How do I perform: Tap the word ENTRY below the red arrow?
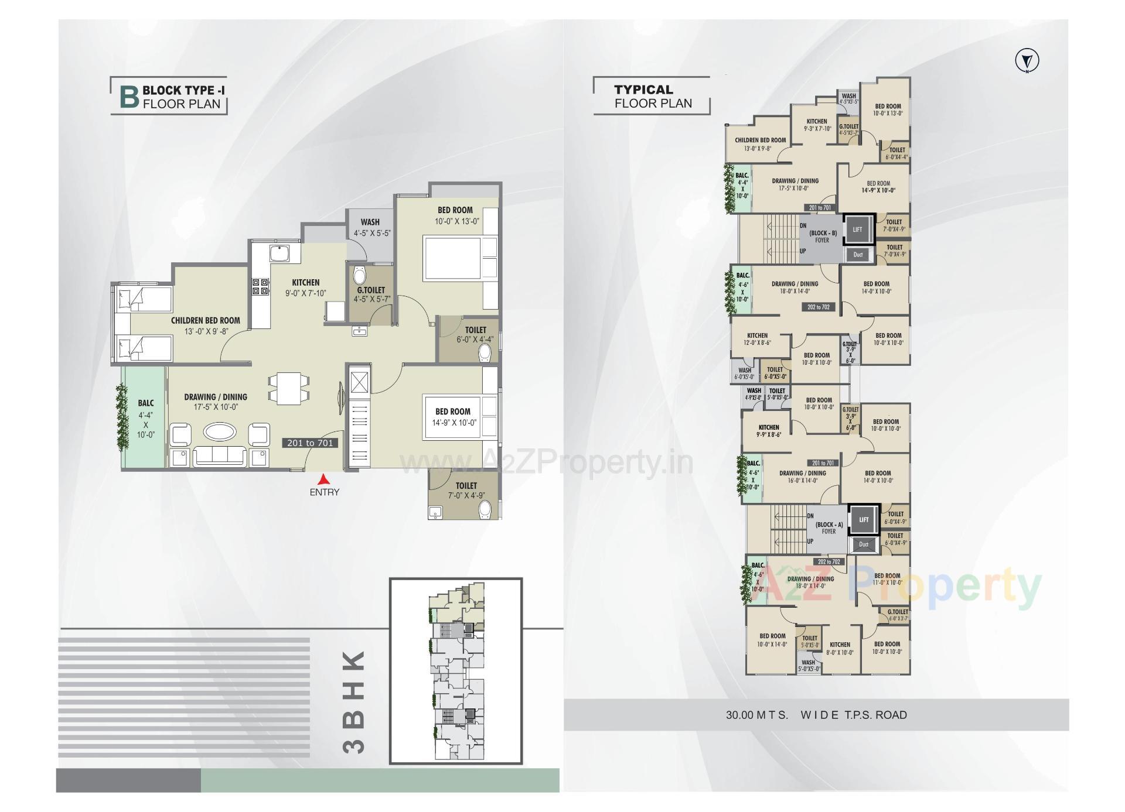[324, 492]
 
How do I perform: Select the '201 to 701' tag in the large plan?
[310, 443]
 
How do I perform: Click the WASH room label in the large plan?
[370, 222]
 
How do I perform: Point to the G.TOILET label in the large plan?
[371, 290]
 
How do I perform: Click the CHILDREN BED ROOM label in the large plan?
[205, 321]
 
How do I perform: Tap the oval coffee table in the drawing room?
[219, 432]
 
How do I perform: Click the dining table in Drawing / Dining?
[288, 388]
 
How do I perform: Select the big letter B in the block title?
[129, 97]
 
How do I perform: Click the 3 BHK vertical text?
[354, 702]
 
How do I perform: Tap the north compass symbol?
[1027, 61]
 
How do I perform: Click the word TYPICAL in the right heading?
[643, 90]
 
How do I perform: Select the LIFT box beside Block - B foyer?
[858, 229]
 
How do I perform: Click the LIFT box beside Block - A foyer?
[864, 520]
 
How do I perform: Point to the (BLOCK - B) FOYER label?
[823, 237]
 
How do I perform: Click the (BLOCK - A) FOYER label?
[829, 528]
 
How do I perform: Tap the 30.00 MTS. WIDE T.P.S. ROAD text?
[816, 715]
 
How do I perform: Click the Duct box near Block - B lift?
[858, 255]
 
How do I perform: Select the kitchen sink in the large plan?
[279, 254]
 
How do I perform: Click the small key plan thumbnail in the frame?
[456, 671]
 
